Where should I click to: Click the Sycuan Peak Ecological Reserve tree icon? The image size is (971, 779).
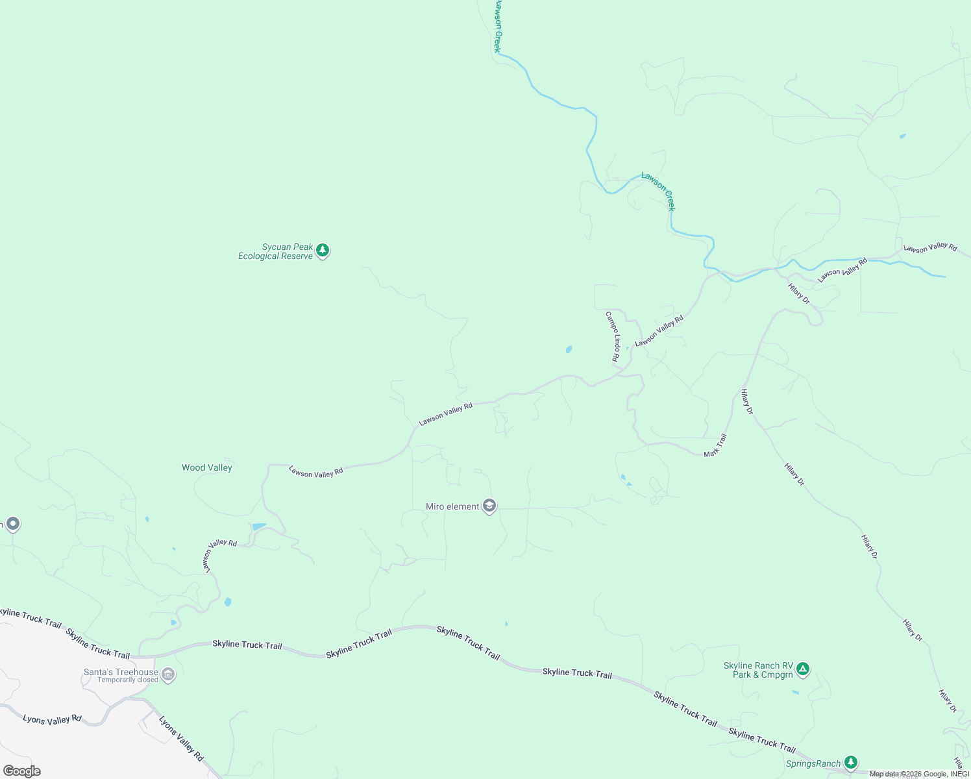tap(323, 251)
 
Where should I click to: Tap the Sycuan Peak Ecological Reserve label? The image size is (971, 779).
tap(275, 251)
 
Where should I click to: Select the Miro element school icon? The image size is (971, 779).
tap(489, 506)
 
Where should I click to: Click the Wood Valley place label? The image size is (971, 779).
tap(206, 467)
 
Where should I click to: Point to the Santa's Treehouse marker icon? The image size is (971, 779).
tap(168, 675)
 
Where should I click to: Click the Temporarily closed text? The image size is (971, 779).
tap(128, 680)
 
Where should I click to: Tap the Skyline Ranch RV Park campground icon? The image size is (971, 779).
tap(803, 669)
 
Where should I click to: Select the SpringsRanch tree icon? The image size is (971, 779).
tap(851, 763)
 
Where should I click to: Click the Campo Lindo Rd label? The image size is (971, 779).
tap(613, 336)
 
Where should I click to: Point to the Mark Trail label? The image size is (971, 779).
tap(715, 445)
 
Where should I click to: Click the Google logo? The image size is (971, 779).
tap(21, 771)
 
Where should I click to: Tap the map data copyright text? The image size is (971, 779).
tap(919, 774)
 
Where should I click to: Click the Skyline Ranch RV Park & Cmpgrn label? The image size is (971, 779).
tap(758, 670)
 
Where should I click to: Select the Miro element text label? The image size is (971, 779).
tap(452, 506)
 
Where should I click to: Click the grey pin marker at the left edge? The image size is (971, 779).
tap(12, 524)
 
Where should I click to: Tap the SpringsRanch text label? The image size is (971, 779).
tap(813, 763)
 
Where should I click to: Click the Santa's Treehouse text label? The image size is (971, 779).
tap(121, 672)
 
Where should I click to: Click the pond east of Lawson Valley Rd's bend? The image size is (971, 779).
tap(259, 526)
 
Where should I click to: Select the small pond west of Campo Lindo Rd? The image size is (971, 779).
tap(569, 349)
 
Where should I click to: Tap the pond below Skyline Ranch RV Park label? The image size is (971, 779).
tap(795, 693)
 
